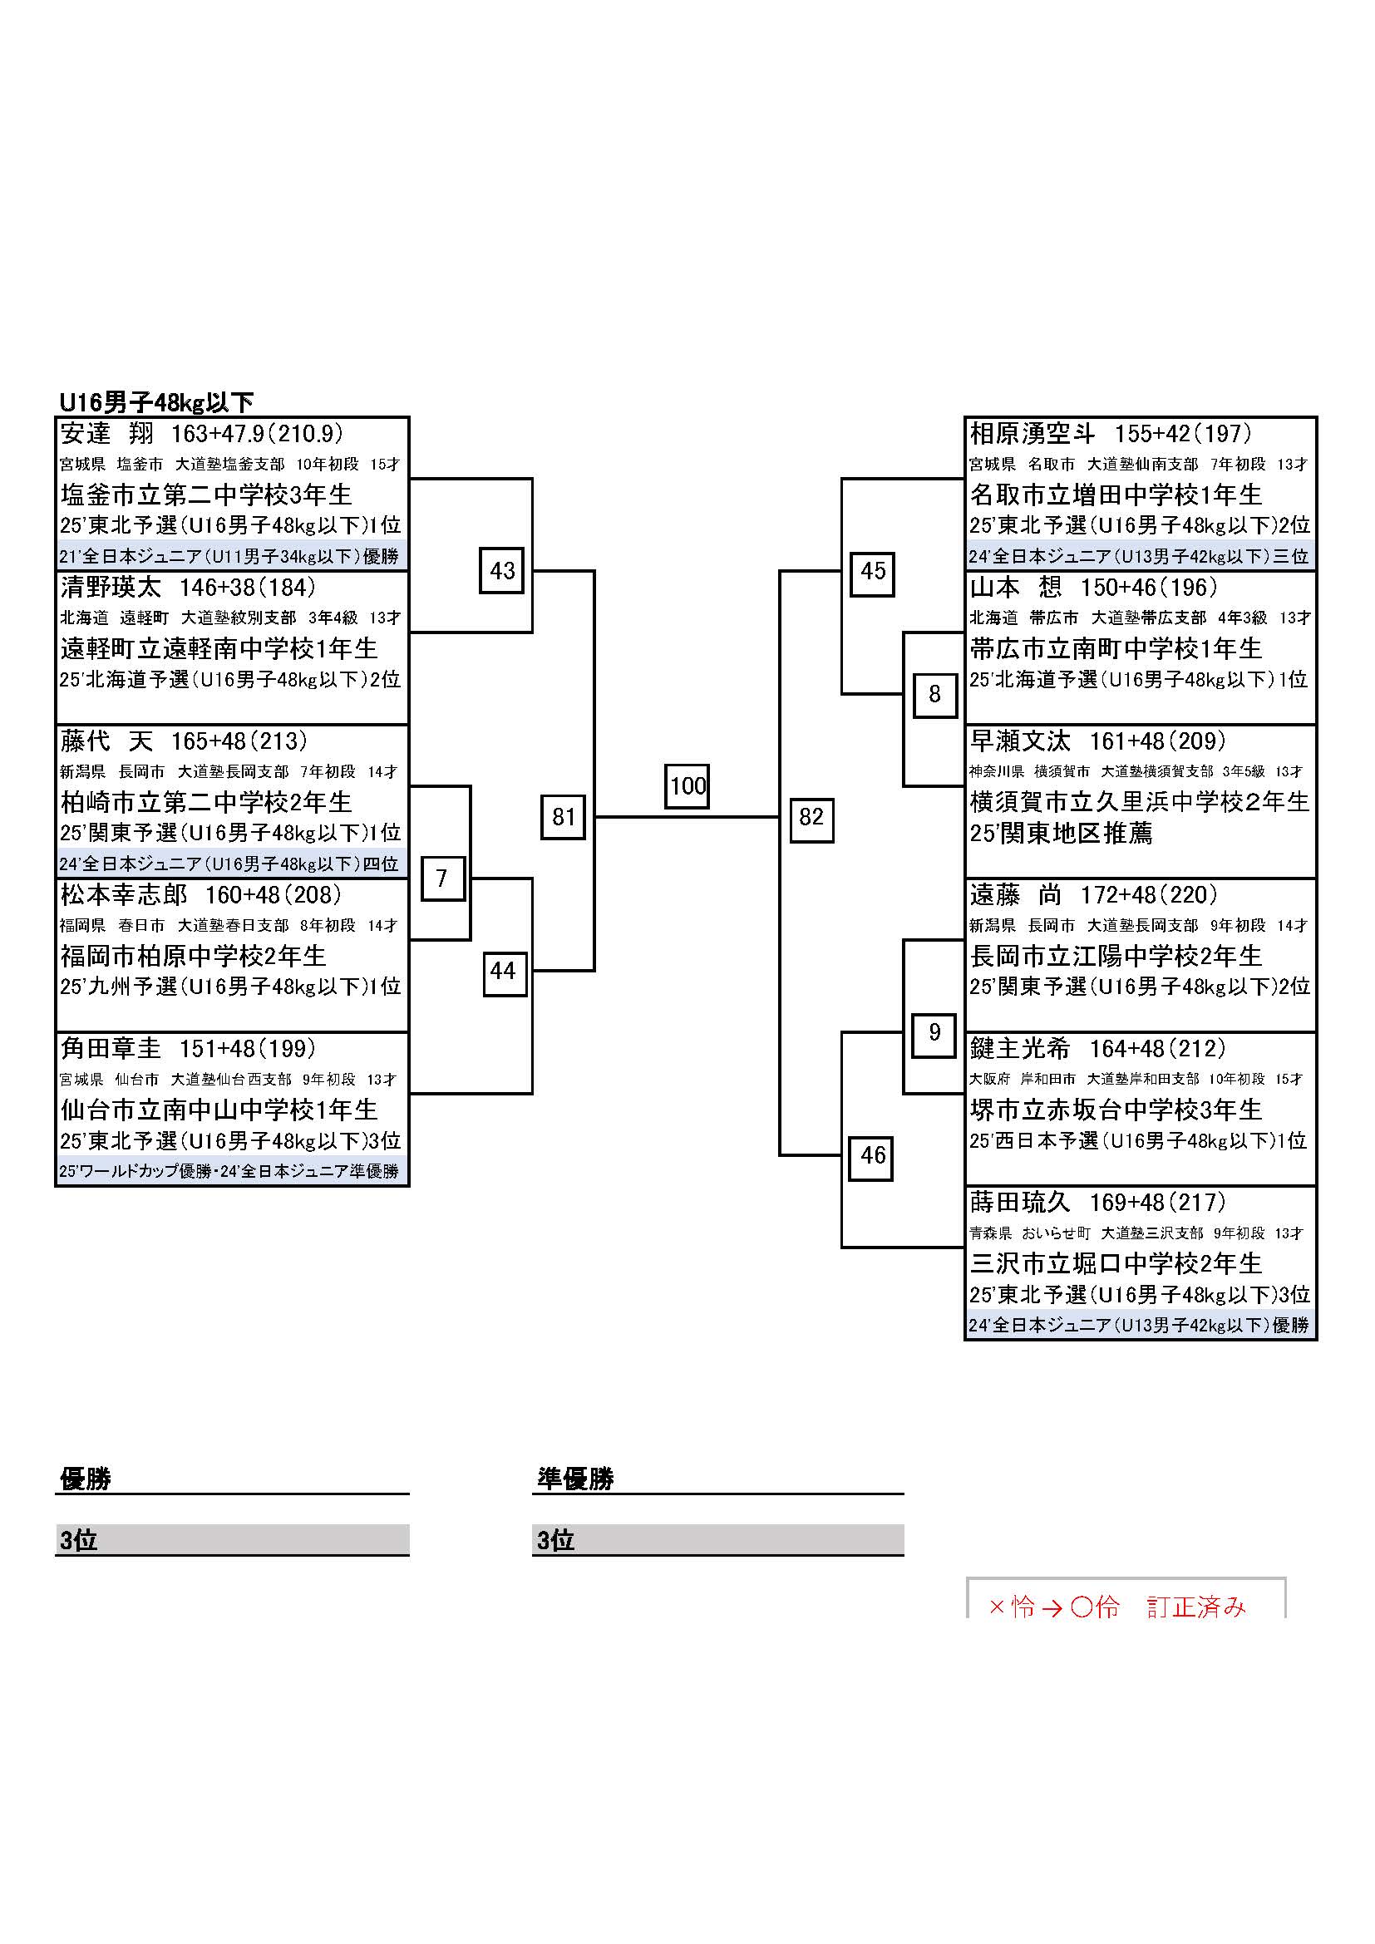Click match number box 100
687,785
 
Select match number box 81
563,817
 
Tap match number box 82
811,818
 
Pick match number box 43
502,571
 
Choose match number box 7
442,878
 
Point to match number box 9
934,1033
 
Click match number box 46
872,1156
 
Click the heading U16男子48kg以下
156,402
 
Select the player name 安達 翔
106,434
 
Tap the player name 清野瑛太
110,587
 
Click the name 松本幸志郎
123,895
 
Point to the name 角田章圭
110,1048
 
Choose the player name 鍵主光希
1019,1048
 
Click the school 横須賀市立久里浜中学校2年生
1139,802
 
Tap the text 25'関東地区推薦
1061,834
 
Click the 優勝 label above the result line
86,1479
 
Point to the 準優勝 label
575,1479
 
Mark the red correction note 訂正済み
1196,1607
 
